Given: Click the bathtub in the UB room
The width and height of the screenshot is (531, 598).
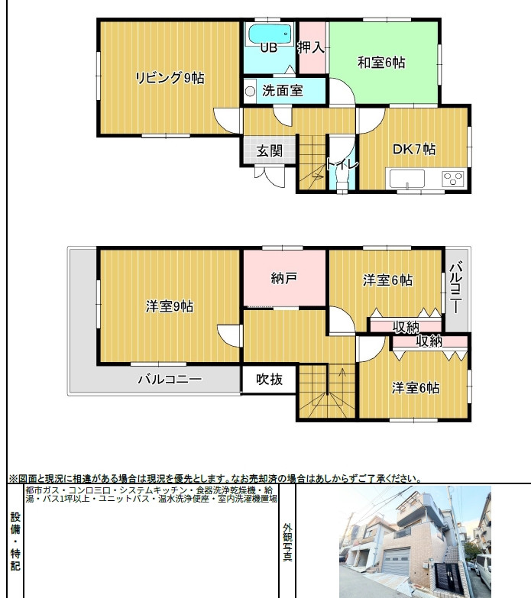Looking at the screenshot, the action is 270,34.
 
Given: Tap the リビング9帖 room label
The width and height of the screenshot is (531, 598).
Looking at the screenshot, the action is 170,78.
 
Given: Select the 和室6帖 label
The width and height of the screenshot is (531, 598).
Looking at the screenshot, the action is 381,62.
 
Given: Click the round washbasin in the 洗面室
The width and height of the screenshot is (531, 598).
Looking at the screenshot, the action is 251,91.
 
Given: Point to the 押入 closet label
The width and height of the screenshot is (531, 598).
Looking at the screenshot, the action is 311,47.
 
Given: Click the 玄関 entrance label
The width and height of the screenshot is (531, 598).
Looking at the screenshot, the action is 269,150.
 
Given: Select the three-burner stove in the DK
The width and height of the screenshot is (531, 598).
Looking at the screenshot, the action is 453,179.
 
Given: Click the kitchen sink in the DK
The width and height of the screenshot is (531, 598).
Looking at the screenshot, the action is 407,179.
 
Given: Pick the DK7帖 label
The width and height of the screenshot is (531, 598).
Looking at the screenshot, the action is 414,149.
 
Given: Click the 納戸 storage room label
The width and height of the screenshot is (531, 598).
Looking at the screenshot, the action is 284,278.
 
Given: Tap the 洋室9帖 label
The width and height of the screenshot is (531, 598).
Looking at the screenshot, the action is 170,306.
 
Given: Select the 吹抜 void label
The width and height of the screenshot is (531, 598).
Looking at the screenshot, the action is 269,379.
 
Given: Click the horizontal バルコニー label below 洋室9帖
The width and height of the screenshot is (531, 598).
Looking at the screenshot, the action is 170,379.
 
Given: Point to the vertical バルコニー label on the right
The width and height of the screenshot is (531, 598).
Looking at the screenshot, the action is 456,287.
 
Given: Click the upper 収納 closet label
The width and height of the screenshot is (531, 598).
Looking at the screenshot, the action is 406,327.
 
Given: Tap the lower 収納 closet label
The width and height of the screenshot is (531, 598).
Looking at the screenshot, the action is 429,341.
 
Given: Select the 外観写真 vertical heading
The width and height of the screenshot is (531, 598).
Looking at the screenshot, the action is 287,542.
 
